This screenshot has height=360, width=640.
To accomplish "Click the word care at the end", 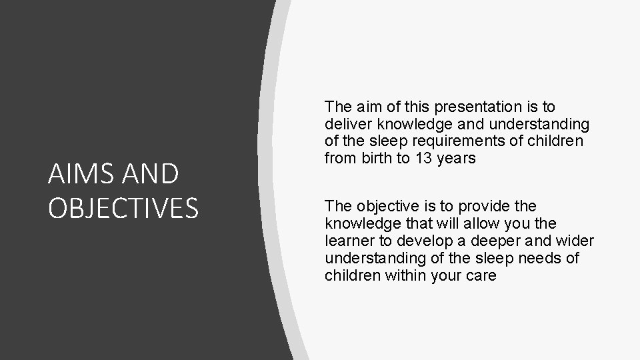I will click(481, 275).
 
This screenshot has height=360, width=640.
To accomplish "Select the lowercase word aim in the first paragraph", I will click(365, 107).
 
